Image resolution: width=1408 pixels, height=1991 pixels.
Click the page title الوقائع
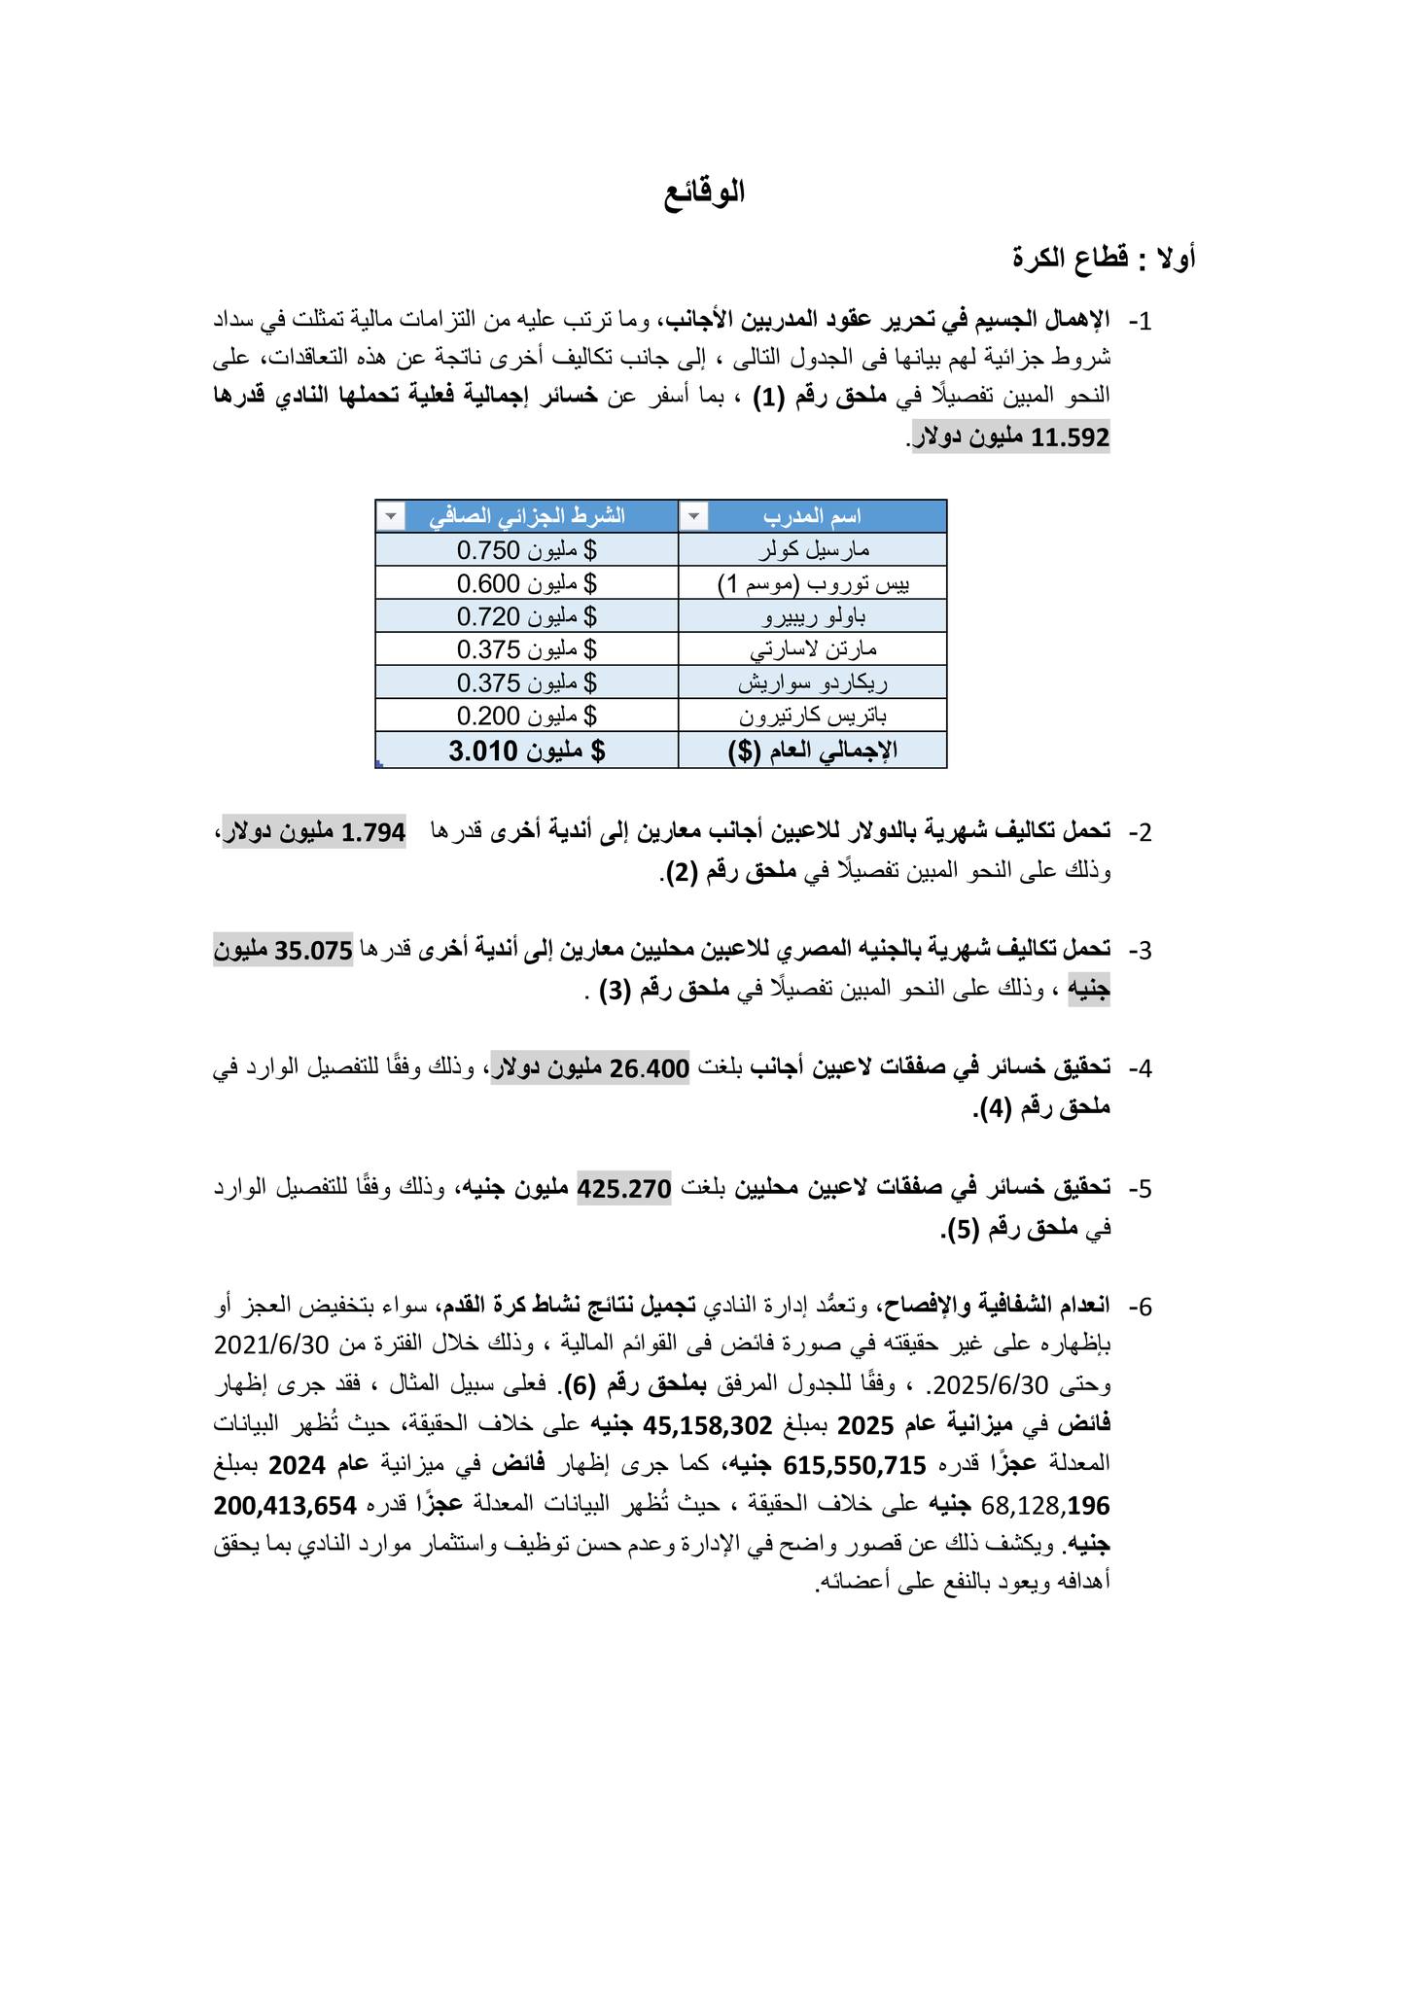704,192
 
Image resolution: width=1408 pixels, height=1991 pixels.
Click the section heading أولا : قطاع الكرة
1104,259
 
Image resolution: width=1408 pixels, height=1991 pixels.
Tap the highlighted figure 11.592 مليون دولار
1011,437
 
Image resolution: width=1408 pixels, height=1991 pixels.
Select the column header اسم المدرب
812,516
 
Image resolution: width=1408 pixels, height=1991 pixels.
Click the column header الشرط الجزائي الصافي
527,516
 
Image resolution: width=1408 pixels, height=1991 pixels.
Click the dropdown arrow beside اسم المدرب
693,516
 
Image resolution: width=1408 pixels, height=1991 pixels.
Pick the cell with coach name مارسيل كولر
812,549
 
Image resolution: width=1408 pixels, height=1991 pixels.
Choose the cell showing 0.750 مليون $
527,549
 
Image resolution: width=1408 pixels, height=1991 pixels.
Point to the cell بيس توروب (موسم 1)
812,583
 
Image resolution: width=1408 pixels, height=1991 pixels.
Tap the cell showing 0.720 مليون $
527,616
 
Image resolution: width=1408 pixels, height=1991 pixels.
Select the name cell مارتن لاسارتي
812,648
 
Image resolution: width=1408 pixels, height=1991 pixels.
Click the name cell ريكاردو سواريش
812,682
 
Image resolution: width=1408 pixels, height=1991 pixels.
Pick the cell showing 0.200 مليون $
527,716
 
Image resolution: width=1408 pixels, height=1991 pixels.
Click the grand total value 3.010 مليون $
527,751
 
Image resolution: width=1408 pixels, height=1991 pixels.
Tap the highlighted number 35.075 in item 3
313,950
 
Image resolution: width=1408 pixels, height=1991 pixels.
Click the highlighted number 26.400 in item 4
650,1068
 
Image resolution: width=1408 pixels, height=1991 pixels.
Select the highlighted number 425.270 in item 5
624,1188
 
